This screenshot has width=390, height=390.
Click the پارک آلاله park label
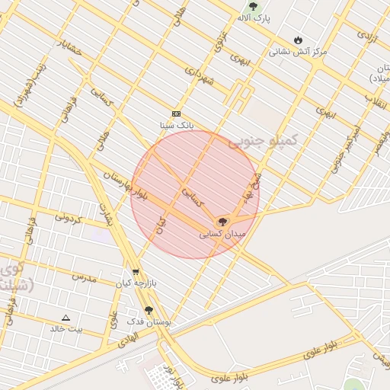254,17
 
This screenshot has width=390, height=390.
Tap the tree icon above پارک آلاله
253,5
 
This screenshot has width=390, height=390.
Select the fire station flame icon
297,40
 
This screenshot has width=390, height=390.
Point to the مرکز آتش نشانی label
297,52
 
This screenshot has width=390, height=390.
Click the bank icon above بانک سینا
177,113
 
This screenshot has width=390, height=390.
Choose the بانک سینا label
177,123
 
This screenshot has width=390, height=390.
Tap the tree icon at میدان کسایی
222,222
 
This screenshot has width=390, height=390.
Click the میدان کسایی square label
222,235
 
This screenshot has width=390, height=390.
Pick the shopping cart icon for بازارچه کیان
136,271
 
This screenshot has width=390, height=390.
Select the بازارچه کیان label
135,283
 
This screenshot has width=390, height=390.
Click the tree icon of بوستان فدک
149,310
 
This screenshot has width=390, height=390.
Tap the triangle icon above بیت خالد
66,318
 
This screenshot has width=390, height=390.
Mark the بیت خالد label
66,329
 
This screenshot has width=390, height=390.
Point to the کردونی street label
68,218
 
